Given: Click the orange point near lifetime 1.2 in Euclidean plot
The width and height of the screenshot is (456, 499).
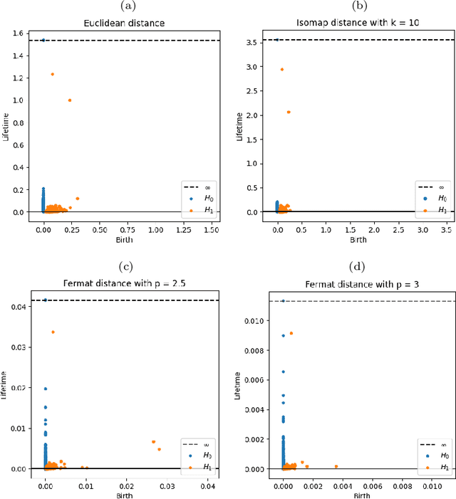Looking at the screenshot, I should pyautogui.click(x=52, y=74).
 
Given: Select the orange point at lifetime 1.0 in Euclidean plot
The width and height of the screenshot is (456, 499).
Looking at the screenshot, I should pyautogui.click(x=69, y=100).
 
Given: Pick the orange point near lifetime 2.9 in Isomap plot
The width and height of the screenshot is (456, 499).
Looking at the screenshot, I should pyautogui.click(x=281, y=69).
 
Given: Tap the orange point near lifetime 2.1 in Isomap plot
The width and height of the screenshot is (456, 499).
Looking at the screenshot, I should pyautogui.click(x=289, y=112).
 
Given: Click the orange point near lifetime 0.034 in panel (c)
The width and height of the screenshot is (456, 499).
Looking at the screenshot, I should pyautogui.click(x=53, y=332).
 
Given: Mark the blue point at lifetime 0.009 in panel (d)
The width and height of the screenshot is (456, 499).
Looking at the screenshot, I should pyautogui.click(x=283, y=335).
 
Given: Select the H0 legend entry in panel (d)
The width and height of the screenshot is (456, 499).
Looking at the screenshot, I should pyautogui.click(x=434, y=455).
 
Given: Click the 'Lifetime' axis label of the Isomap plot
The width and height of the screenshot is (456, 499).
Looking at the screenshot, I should pyautogui.click(x=246, y=124).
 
